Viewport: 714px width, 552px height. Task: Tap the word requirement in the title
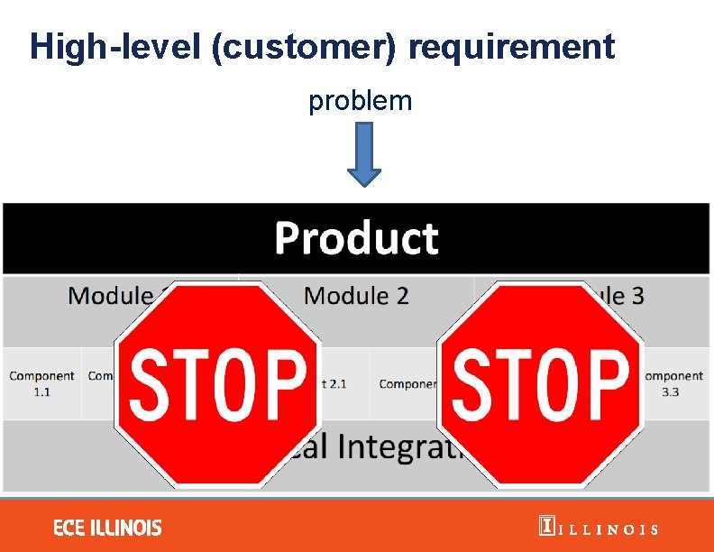tap(511, 46)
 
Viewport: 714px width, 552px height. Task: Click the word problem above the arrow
tap(360, 101)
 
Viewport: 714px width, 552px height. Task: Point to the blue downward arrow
tap(364, 155)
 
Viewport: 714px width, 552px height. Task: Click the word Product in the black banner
tap(356, 239)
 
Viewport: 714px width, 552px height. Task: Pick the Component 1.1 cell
tap(41, 384)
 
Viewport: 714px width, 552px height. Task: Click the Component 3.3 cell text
tap(673, 384)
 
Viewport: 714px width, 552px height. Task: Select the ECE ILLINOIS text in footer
tap(107, 528)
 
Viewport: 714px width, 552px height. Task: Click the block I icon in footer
tap(545, 527)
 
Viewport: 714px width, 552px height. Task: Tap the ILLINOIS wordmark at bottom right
tap(609, 529)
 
